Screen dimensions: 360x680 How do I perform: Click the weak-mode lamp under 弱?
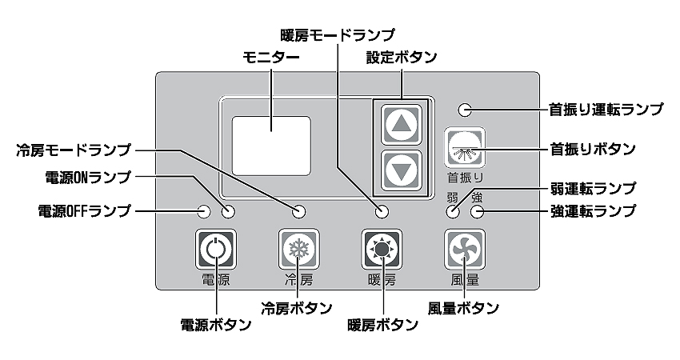coord(454,212)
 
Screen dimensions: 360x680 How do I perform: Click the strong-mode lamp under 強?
coord(478,212)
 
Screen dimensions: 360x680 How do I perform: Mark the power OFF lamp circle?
coord(204,212)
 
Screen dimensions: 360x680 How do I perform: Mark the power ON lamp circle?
coord(229,212)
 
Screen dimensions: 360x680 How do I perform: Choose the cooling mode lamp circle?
coord(299,212)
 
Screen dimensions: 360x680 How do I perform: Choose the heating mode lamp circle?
coord(382,212)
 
